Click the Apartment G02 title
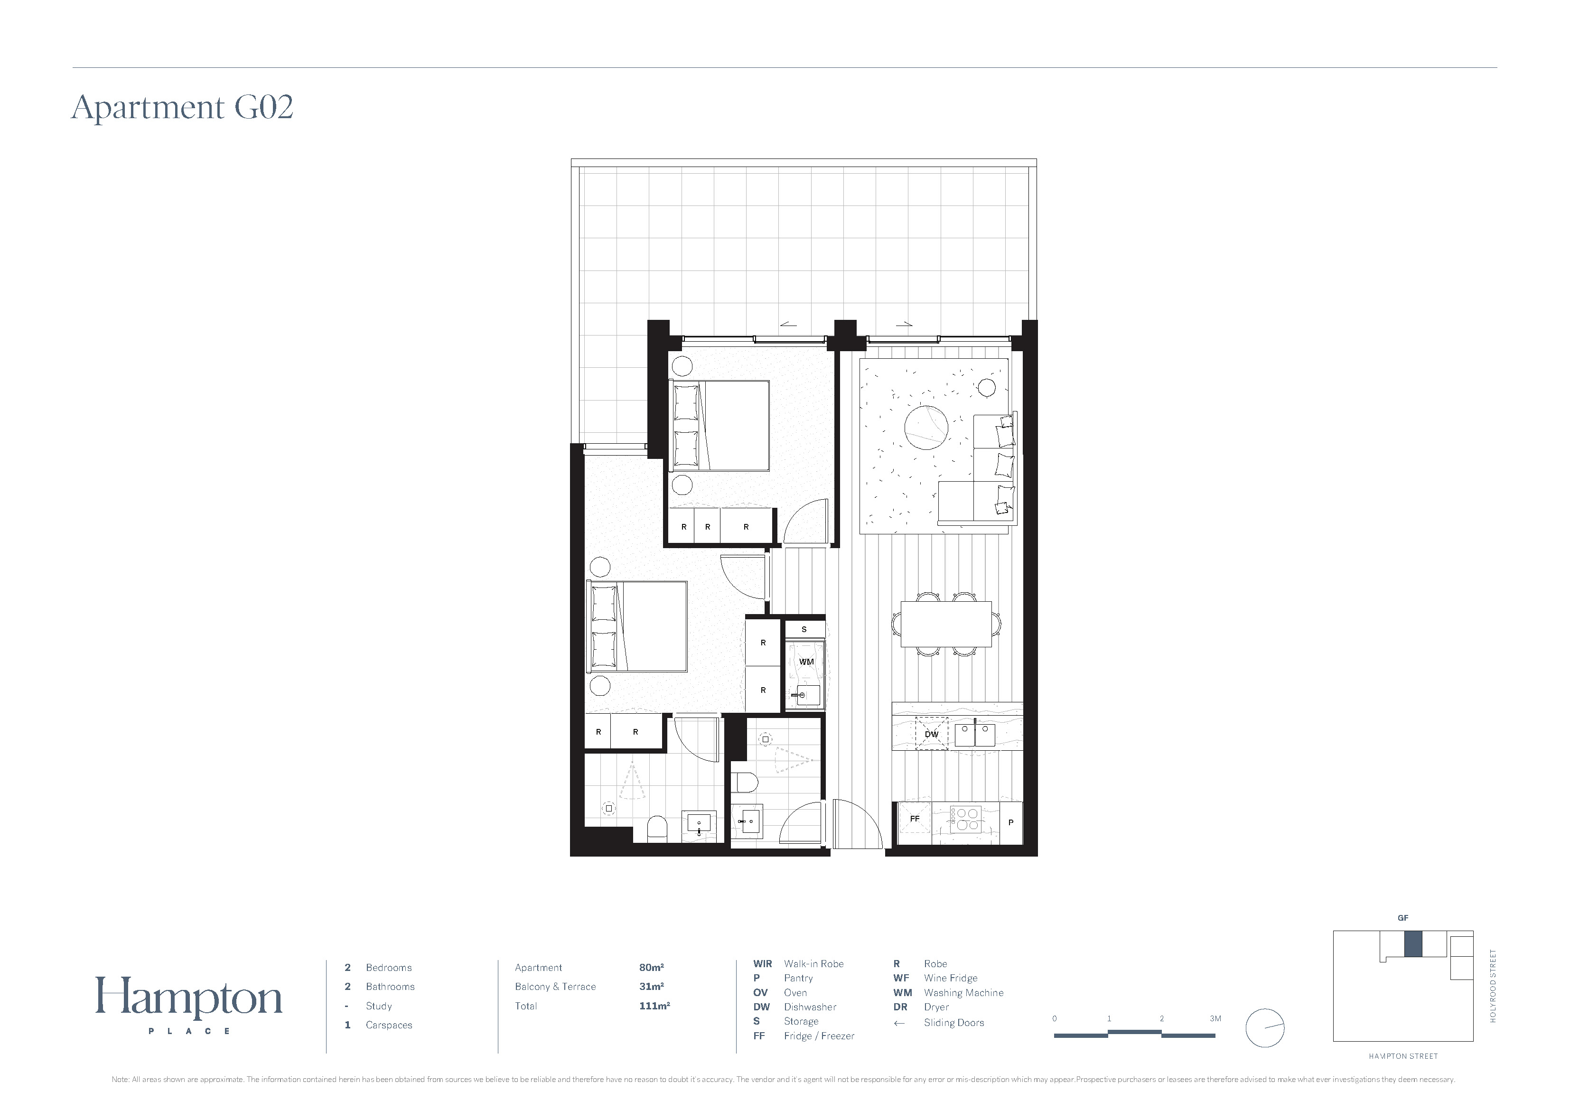[x=183, y=107]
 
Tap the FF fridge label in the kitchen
[x=915, y=819]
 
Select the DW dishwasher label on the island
[x=931, y=735]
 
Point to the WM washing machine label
[x=806, y=662]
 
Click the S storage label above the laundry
[x=804, y=629]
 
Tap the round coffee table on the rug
[x=926, y=428]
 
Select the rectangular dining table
[x=946, y=624]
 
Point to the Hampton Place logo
[x=189, y=1004]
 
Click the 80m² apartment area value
[x=652, y=968]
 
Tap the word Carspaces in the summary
[x=389, y=1025]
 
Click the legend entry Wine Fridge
[x=951, y=979]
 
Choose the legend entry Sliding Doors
[x=954, y=1023]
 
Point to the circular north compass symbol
[x=1265, y=1028]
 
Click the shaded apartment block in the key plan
[x=1413, y=944]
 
